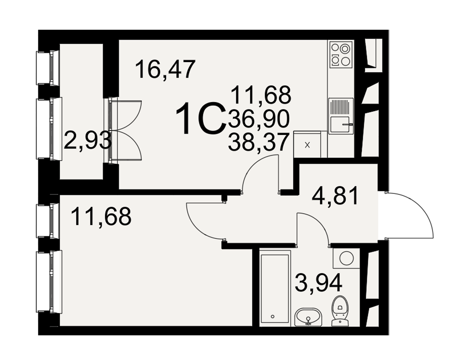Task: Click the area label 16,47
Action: (x=165, y=69)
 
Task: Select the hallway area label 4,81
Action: (x=336, y=195)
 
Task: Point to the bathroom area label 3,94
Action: (x=319, y=282)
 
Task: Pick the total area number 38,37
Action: (x=258, y=142)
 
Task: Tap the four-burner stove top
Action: (x=341, y=54)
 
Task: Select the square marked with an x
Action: (x=307, y=145)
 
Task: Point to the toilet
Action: (x=340, y=311)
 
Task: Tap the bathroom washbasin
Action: (x=309, y=317)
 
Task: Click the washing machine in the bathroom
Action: (x=346, y=258)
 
